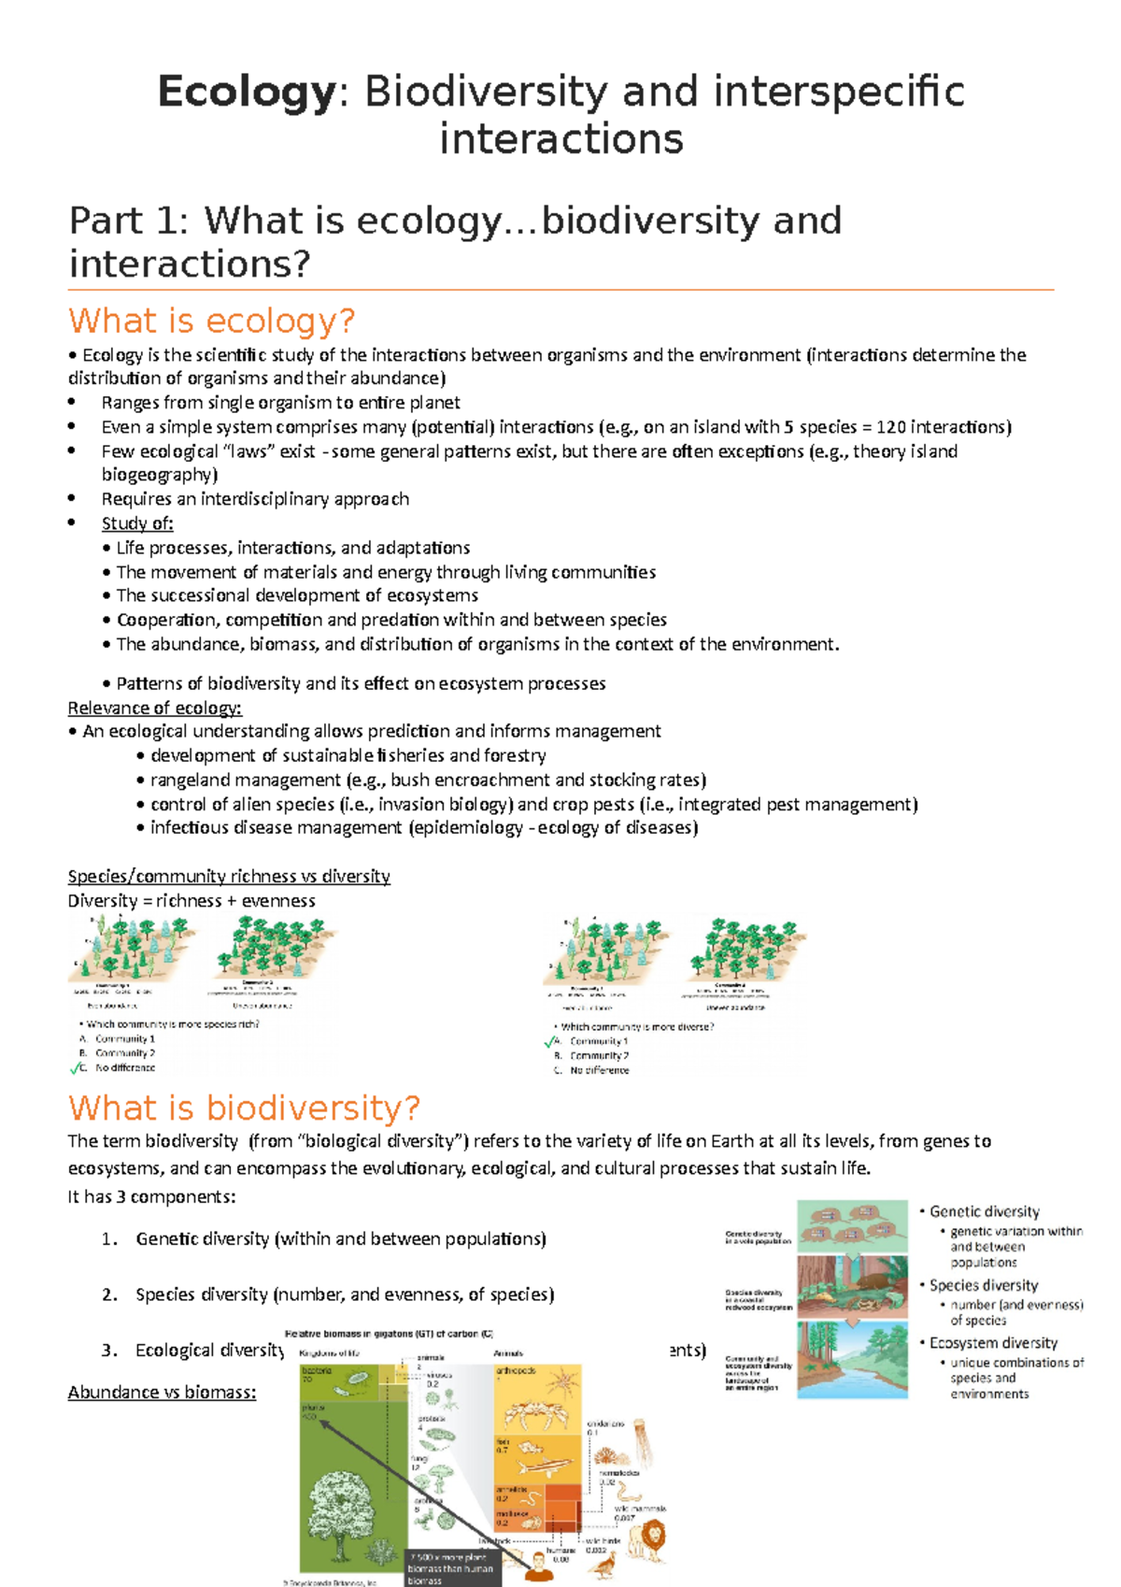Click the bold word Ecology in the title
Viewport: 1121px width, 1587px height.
click(246, 93)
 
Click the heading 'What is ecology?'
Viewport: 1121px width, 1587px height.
click(212, 322)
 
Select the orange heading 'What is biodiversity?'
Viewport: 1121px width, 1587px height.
click(244, 1108)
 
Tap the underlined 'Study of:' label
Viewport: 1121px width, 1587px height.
click(137, 523)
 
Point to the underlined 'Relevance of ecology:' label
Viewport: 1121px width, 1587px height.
click(154, 708)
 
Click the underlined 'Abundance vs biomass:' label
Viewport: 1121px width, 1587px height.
click(162, 1393)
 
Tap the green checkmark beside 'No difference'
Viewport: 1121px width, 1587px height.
click(78, 1068)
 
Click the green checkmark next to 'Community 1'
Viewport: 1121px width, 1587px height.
click(551, 1041)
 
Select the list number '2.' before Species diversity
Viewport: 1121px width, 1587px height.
click(110, 1294)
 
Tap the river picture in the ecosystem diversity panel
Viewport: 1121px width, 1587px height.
click(852, 1361)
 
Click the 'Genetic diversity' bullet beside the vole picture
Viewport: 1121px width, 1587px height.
click(984, 1211)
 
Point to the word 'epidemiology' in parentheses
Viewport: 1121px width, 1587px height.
click(453, 828)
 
